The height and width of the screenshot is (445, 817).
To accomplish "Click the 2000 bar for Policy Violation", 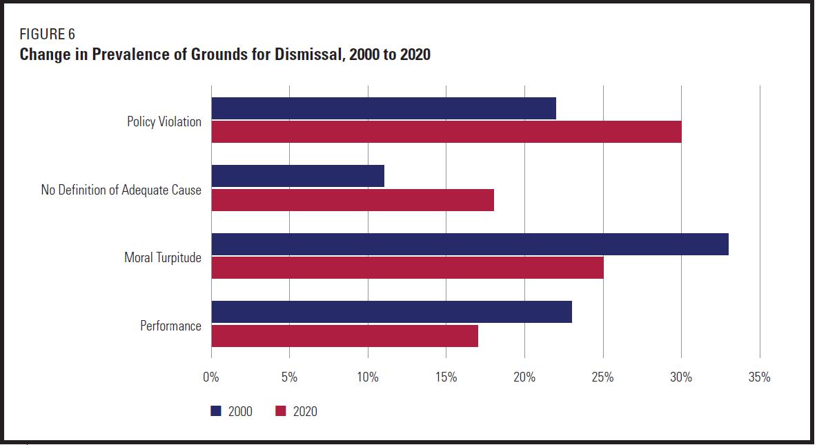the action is (384, 108).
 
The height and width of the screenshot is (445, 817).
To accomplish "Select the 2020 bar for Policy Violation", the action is (446, 132).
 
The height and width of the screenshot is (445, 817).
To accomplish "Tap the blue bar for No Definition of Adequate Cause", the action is (297, 176).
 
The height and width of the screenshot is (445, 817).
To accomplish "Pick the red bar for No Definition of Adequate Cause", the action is (353, 200).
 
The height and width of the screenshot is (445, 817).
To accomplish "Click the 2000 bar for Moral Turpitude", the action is (470, 244).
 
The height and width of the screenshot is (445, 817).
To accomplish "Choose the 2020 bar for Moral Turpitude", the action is (407, 268).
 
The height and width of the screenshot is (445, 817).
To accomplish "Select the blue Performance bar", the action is (392, 312).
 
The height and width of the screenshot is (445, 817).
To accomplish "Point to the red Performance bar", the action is (345, 335).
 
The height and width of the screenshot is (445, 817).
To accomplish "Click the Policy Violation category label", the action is (164, 121).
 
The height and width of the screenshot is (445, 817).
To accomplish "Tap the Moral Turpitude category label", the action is (163, 257).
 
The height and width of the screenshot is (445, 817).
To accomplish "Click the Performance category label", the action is (170, 326).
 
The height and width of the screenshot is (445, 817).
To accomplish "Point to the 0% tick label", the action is (211, 377).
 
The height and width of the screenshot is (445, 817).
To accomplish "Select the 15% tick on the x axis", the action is (446, 377).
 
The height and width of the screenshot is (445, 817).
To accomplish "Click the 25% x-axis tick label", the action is (603, 377).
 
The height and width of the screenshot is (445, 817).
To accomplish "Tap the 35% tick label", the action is (759, 377).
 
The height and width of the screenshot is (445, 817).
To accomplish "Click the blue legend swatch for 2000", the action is (216, 411).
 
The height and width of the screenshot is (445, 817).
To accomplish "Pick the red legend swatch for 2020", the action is (281, 411).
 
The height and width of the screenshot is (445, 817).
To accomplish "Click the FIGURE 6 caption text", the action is (48, 34).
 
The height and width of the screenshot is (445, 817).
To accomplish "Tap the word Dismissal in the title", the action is (309, 55).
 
